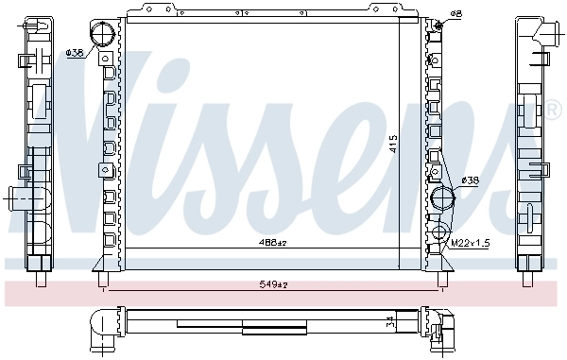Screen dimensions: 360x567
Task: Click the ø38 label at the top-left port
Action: (74, 53)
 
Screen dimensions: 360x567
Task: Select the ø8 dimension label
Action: (455, 14)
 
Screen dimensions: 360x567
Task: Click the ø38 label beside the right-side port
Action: (470, 180)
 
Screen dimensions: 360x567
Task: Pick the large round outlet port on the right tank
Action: (443, 200)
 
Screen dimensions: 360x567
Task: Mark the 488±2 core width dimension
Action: (273, 244)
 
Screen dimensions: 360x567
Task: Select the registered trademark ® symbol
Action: (554, 111)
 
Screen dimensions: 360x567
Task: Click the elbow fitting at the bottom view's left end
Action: (102, 326)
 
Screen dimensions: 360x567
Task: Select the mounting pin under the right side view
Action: (527, 279)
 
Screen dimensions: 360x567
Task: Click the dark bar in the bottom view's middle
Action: (274, 329)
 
